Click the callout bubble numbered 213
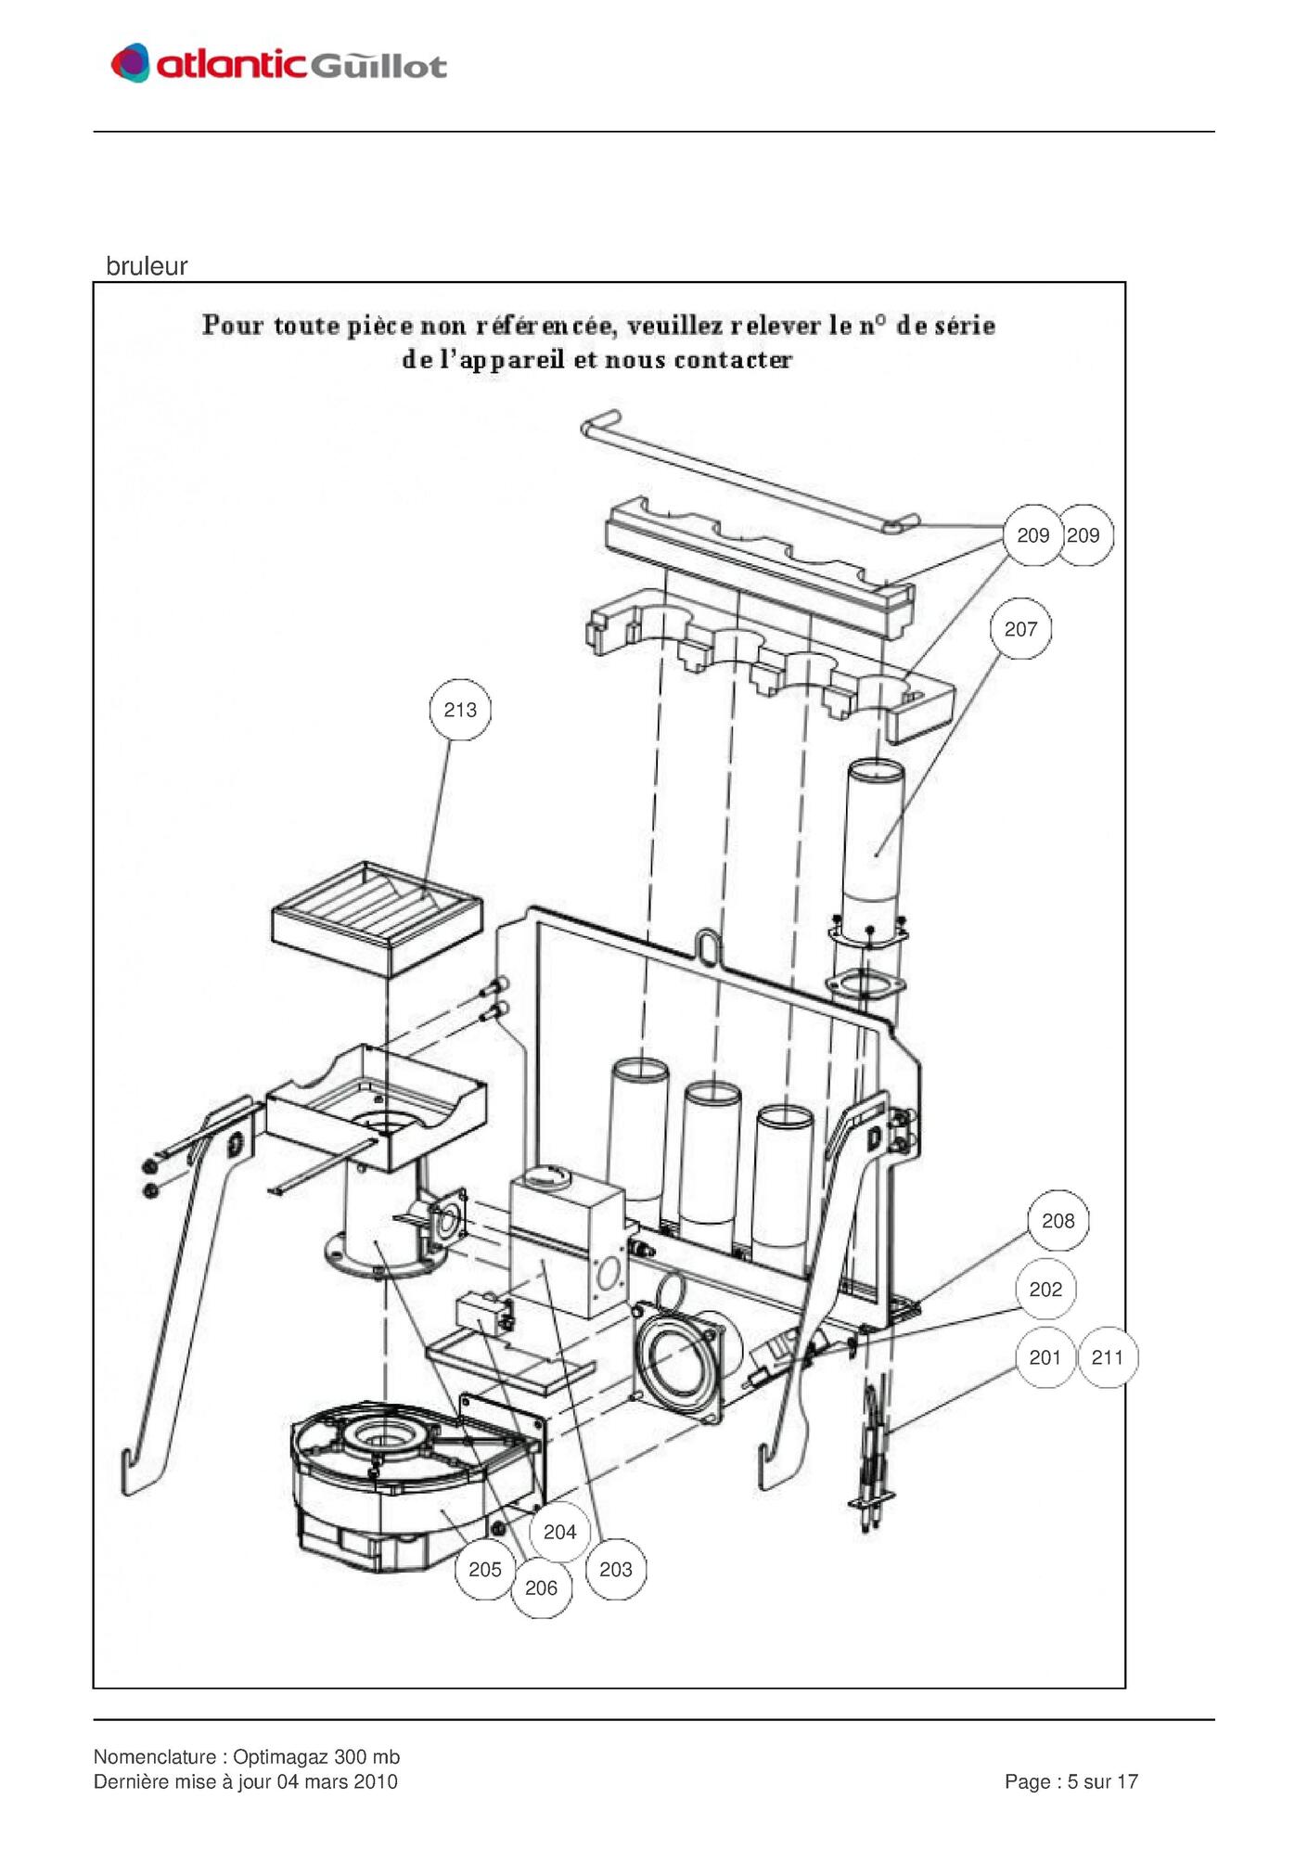(460, 710)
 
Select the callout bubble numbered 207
(1020, 629)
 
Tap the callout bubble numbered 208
(1058, 1221)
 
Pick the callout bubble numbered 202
(1045, 1290)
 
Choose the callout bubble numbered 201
(1045, 1357)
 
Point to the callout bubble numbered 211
(1108, 1357)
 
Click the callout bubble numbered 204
(559, 1532)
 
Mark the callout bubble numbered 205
(484, 1569)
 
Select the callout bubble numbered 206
(541, 1587)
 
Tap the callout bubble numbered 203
(616, 1569)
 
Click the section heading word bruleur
(147, 266)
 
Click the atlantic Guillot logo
(278, 63)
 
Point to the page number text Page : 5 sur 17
(1071, 1781)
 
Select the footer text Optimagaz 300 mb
(316, 1756)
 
